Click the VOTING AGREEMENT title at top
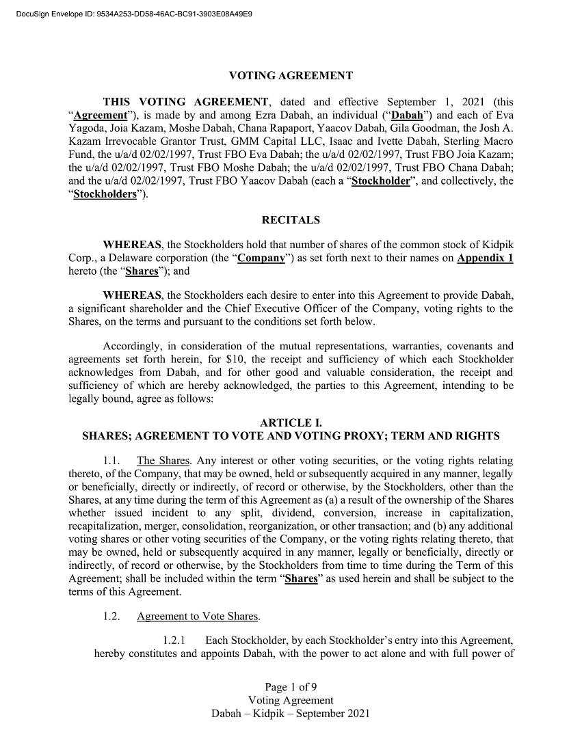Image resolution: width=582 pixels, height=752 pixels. click(x=291, y=75)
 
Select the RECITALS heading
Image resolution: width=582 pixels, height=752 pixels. click(x=291, y=220)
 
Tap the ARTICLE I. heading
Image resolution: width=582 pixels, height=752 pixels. click(x=291, y=423)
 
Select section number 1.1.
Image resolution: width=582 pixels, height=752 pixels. click(x=111, y=461)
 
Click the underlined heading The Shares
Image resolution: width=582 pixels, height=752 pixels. click(x=163, y=461)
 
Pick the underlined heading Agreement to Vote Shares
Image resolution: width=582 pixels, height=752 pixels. click(x=197, y=617)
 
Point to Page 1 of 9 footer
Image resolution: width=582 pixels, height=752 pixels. click(x=291, y=687)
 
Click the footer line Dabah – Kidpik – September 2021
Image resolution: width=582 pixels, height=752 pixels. click(x=291, y=713)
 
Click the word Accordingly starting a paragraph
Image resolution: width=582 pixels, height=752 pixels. click(x=132, y=347)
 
